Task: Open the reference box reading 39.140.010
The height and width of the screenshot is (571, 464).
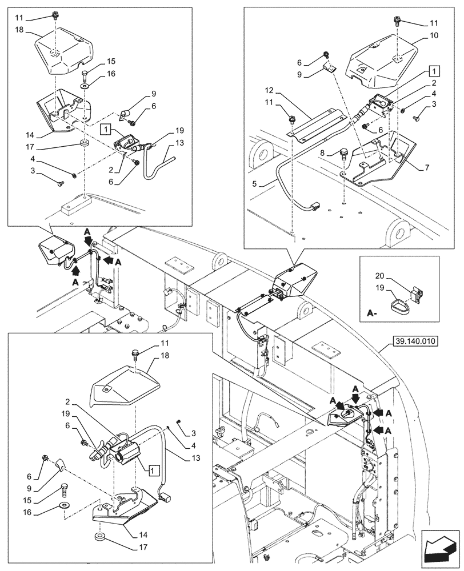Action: click(414, 342)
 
